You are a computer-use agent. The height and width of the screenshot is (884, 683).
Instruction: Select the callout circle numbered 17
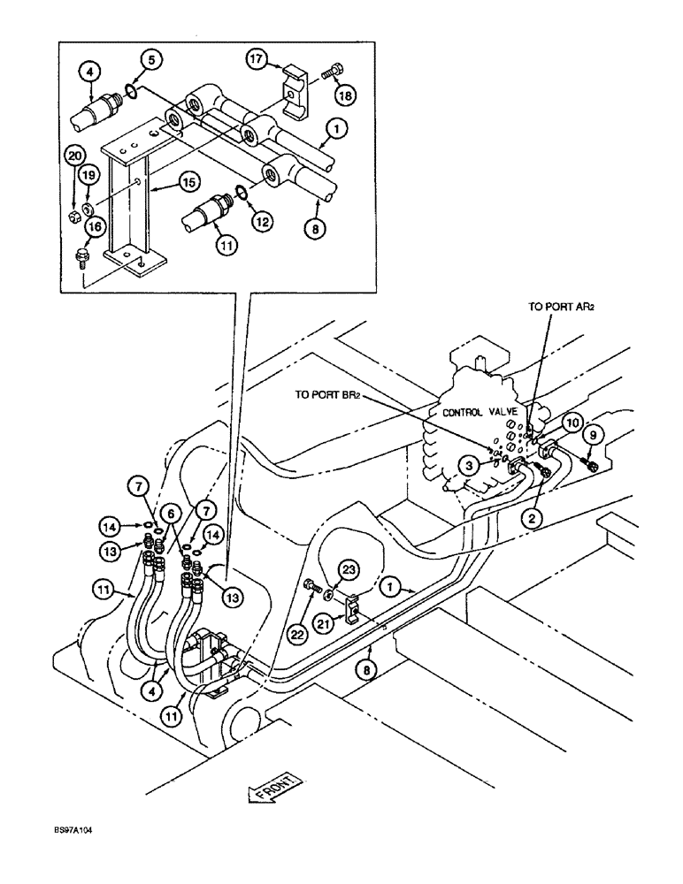[x=256, y=61]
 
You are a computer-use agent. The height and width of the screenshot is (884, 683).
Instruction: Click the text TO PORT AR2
[x=564, y=308]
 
